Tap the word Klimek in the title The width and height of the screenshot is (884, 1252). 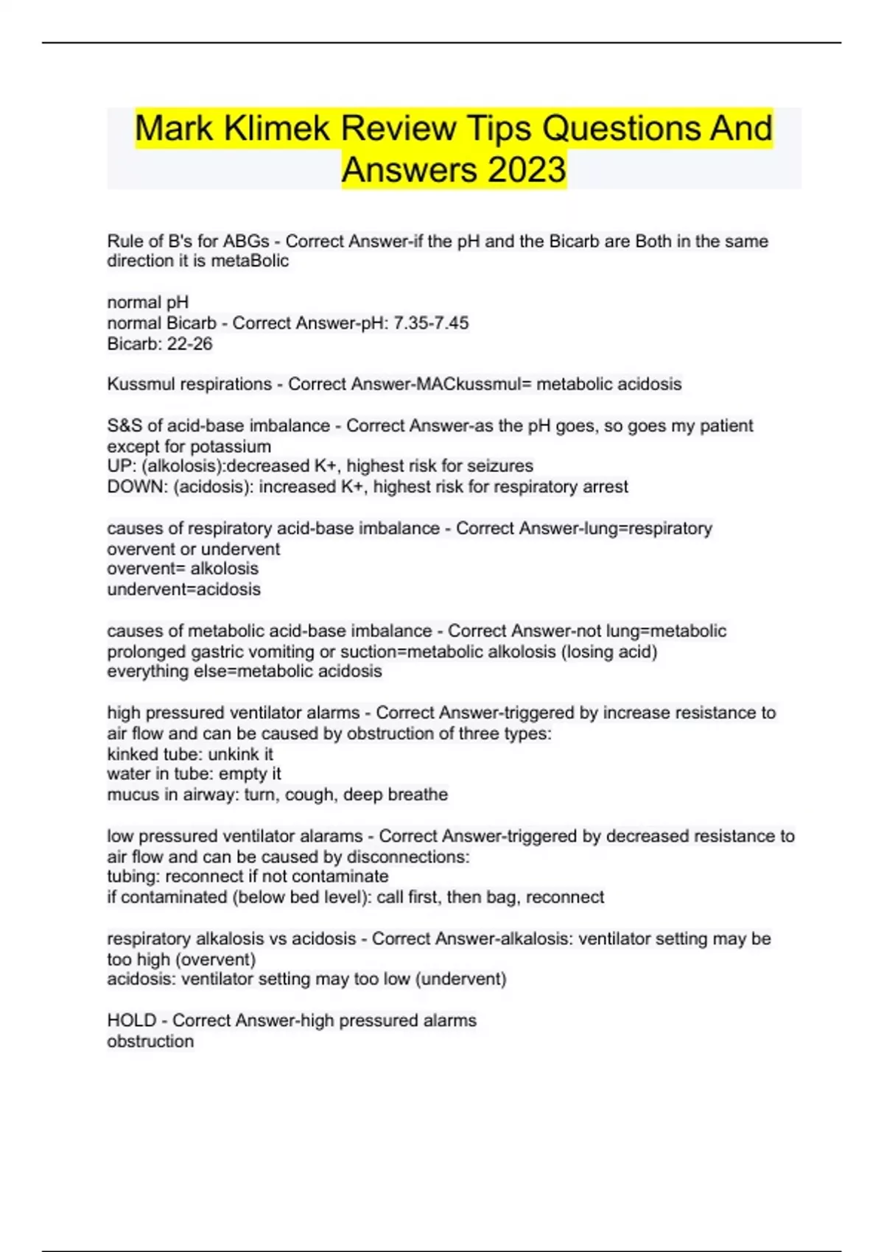point(277,128)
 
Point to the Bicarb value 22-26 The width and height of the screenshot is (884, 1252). point(190,343)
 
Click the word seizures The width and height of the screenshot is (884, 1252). point(501,465)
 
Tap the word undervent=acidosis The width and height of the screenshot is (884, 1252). point(183,589)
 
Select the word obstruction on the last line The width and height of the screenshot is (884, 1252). point(150,1041)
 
